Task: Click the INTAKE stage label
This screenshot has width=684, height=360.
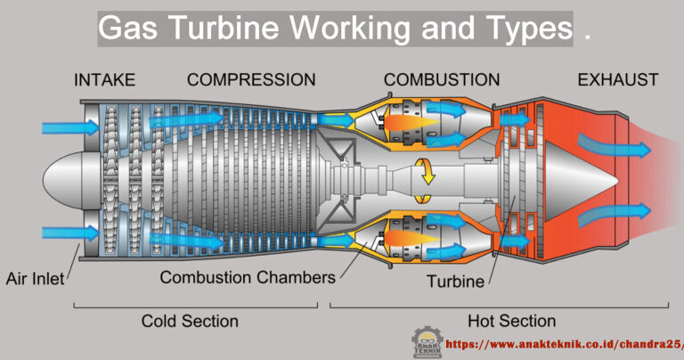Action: click(104, 80)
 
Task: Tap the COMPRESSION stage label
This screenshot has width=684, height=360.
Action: click(251, 80)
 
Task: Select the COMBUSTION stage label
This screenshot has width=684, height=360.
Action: click(442, 80)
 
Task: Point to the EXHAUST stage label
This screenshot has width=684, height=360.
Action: click(618, 80)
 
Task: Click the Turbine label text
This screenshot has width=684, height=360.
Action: click(454, 282)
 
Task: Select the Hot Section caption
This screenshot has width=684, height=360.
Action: click(511, 321)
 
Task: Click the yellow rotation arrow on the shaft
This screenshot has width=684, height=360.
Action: click(428, 170)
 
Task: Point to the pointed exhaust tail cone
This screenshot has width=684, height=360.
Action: click(579, 179)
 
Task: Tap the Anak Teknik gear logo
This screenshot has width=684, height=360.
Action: click(427, 343)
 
